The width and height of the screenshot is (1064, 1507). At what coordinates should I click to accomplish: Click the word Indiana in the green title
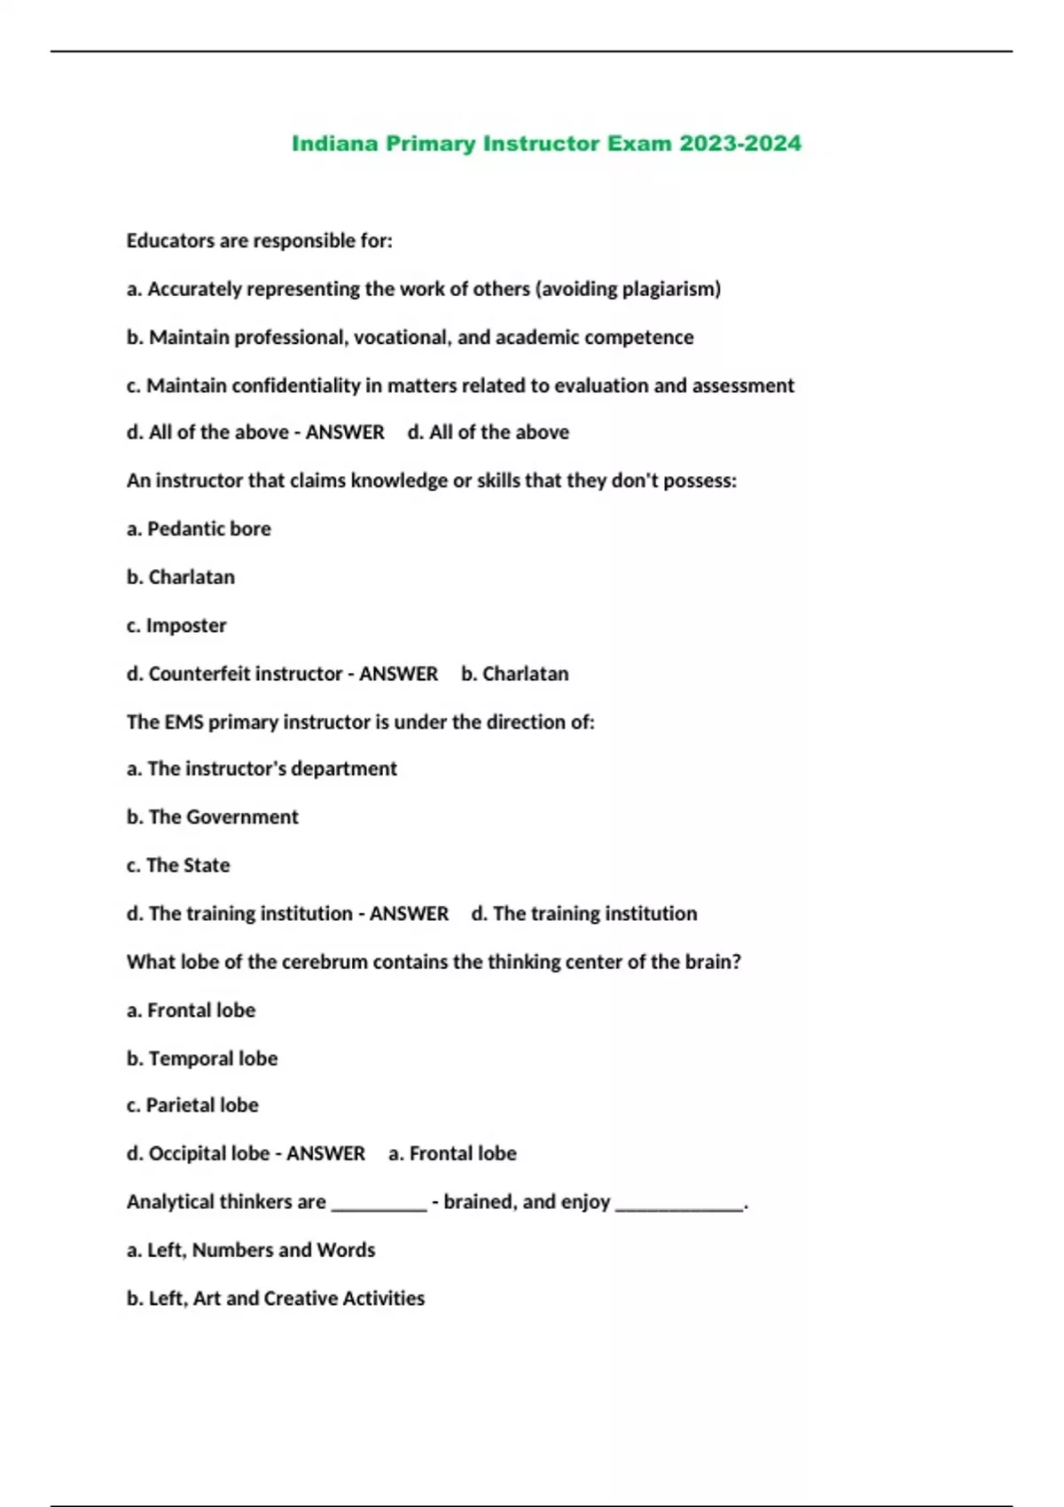tap(335, 144)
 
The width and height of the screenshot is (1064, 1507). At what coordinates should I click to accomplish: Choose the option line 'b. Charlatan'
tap(181, 577)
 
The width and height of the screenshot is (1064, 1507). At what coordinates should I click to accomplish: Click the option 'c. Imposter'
tap(176, 626)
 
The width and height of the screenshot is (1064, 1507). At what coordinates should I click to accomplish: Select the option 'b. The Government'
tap(213, 817)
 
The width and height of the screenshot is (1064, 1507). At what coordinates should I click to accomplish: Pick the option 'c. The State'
tap(178, 865)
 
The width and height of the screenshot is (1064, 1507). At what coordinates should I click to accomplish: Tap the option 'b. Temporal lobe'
tap(202, 1058)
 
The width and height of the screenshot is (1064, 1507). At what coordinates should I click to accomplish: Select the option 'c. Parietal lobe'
tap(192, 1105)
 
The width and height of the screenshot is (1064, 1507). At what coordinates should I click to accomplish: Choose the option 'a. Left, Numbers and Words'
tap(251, 1250)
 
